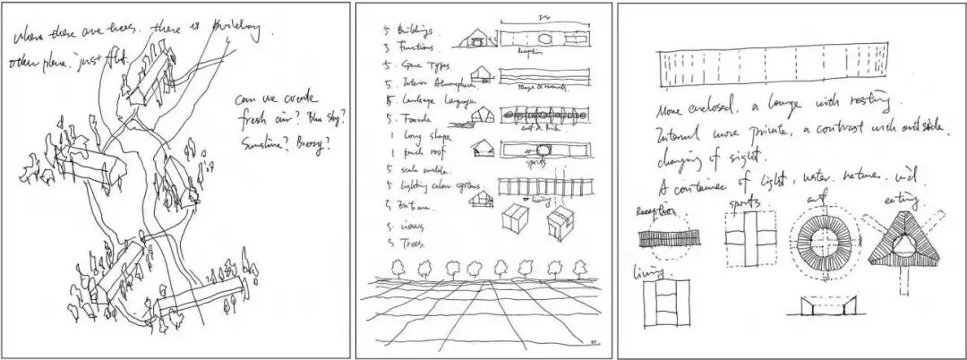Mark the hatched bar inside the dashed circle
coord(663,240)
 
